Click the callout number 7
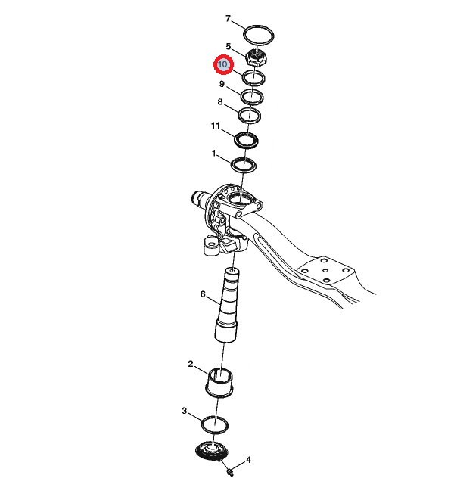228,19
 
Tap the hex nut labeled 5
256,57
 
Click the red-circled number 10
223,64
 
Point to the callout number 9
222,84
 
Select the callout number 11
216,126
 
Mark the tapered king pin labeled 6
228,305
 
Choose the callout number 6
203,294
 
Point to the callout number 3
185,411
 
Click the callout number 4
248,460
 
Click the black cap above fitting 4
211,450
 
